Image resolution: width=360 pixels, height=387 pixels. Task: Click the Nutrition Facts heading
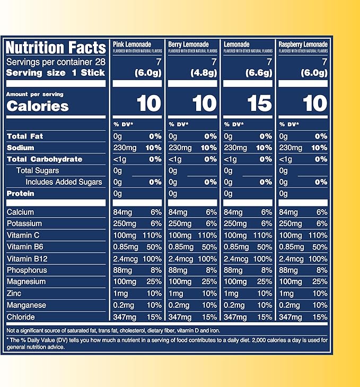click(x=56, y=48)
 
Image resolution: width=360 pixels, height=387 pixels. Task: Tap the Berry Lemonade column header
click(x=188, y=44)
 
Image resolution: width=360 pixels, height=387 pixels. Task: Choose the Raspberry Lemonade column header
click(x=302, y=44)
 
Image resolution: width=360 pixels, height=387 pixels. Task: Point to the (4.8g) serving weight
click(x=203, y=73)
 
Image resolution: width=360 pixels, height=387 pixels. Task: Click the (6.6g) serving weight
click(x=258, y=73)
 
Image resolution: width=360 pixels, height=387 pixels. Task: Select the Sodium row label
click(x=21, y=148)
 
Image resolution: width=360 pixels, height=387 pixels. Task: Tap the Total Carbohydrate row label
click(x=45, y=159)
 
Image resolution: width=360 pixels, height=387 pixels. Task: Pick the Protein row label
click(x=20, y=194)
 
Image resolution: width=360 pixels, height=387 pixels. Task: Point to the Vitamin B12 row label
click(x=28, y=259)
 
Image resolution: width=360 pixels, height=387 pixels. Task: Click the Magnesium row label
click(x=27, y=282)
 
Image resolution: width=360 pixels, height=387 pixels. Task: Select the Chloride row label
click(x=21, y=317)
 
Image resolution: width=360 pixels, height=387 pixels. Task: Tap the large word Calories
click(x=38, y=105)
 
